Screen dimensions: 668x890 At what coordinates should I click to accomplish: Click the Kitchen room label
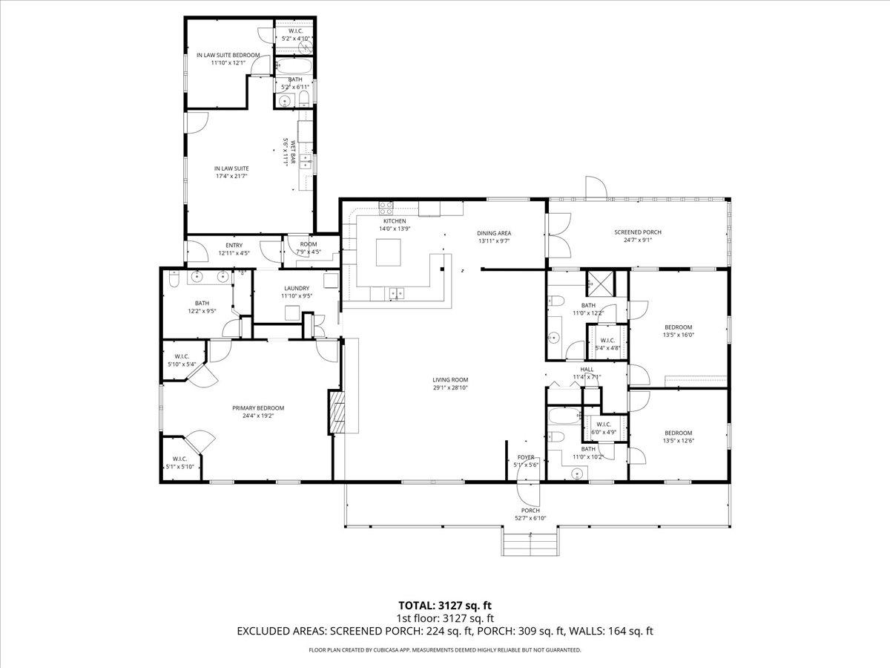[395, 221]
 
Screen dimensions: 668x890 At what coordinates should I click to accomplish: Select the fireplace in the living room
[337, 413]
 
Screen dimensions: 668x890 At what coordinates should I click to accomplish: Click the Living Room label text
[450, 379]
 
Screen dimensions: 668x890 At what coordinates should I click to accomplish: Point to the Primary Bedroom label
[258, 407]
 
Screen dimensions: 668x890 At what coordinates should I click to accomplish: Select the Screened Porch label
[637, 232]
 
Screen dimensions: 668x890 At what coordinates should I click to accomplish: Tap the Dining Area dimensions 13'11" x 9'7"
[493, 240]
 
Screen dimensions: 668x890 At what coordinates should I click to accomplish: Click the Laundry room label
[297, 288]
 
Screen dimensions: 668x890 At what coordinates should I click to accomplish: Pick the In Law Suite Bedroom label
[228, 55]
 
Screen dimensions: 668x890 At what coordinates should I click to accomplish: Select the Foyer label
[526, 457]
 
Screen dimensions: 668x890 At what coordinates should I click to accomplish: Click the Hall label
[587, 369]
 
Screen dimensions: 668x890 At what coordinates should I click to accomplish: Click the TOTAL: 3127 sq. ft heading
[445, 605]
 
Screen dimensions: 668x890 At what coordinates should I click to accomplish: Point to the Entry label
[234, 246]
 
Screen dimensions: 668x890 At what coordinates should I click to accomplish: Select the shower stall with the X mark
[597, 283]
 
